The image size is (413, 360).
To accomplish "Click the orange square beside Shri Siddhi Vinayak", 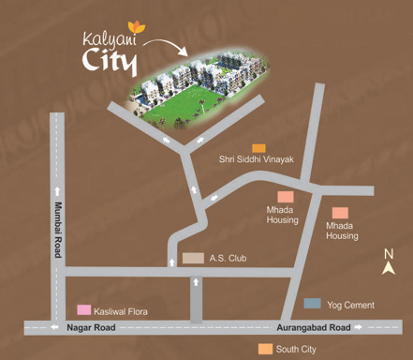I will pyautogui.click(x=258, y=148).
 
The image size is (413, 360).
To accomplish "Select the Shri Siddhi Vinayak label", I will pyautogui.click(x=257, y=160).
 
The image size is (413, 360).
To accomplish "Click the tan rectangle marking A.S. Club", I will pyautogui.click(x=193, y=257).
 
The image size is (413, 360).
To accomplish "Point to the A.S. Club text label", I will pyautogui.click(x=228, y=257).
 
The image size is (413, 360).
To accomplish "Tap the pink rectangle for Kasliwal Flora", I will pyautogui.click(x=84, y=310).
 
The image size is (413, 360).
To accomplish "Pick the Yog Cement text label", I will pyautogui.click(x=350, y=305).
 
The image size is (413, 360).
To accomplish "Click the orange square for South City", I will pyautogui.click(x=265, y=350).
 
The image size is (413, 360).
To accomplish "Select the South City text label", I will pyautogui.click(x=295, y=350).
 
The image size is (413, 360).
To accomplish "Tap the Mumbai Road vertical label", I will pyautogui.click(x=57, y=229).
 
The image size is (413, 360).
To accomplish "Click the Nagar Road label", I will pyautogui.click(x=91, y=327).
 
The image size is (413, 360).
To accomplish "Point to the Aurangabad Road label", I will pyautogui.click(x=314, y=327).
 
